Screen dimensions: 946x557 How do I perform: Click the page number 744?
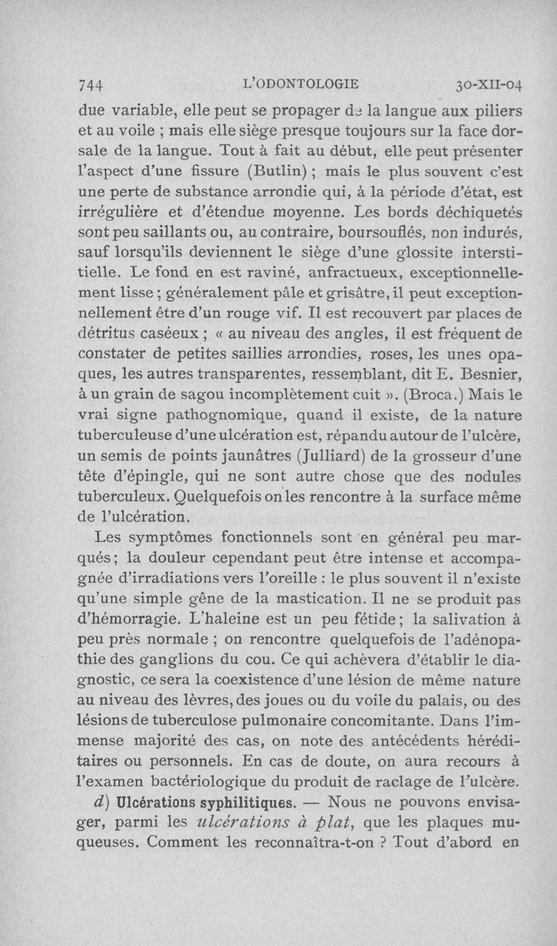(91, 84)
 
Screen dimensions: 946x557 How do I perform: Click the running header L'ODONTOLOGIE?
(299, 84)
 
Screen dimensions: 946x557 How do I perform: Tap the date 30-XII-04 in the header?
(489, 85)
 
